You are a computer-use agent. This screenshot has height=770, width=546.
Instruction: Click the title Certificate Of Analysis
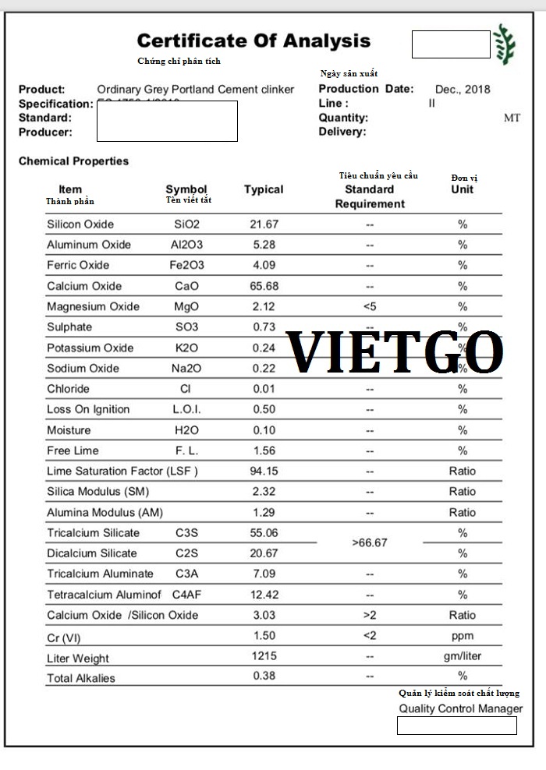point(253,41)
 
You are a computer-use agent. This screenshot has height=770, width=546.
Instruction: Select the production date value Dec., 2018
point(463,89)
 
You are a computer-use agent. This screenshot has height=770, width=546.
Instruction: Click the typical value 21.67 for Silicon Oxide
point(264,224)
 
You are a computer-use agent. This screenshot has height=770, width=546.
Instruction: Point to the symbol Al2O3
point(186,245)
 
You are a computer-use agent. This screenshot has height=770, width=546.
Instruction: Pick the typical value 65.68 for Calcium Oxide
point(264,286)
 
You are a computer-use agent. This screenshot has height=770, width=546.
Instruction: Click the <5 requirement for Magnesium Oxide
point(370,306)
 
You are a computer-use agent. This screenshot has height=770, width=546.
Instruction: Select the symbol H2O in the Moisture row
point(186,430)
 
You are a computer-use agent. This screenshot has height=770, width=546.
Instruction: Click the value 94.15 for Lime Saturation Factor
point(264,471)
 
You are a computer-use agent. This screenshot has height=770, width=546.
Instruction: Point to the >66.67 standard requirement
point(370,542)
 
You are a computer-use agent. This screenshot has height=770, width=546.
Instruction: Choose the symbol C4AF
point(187,595)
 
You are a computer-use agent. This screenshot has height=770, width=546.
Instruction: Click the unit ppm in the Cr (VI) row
point(463,635)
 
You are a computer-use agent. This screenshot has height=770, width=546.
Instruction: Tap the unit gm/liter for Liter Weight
point(463,656)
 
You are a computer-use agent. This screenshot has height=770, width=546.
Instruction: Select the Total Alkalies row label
point(81,678)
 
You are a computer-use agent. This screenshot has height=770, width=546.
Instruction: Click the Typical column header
point(264,189)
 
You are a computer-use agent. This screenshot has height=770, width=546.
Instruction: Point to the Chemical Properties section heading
point(73,161)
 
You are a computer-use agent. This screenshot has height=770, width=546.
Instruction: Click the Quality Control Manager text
point(460,708)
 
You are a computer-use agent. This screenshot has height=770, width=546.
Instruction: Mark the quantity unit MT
point(512,118)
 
